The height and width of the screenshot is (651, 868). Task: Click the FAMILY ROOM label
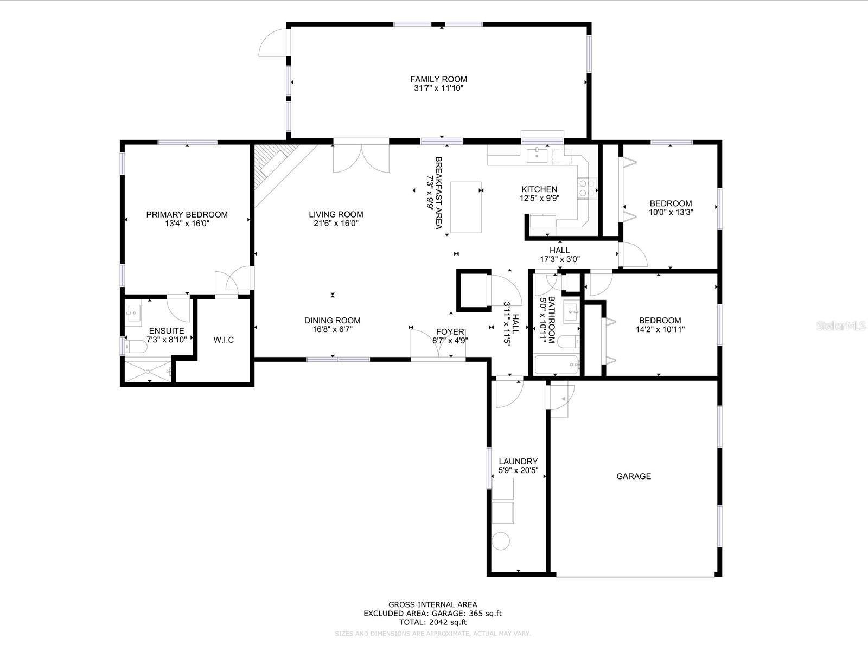(x=438, y=79)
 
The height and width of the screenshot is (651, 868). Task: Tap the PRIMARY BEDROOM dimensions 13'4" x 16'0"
(x=187, y=224)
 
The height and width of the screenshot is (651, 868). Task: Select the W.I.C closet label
(x=224, y=340)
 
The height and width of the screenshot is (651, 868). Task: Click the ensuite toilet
(x=135, y=346)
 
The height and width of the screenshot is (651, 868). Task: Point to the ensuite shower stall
(x=147, y=371)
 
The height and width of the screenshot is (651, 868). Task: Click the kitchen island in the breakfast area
(x=466, y=207)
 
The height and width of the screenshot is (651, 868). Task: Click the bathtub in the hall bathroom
(x=556, y=365)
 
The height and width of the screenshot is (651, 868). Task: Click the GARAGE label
(x=633, y=476)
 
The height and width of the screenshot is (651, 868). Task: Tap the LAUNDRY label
(x=518, y=462)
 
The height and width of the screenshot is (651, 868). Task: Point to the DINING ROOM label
(x=332, y=321)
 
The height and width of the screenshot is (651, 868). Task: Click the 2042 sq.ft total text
(x=432, y=622)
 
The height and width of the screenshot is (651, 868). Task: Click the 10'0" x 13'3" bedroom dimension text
(x=671, y=213)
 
